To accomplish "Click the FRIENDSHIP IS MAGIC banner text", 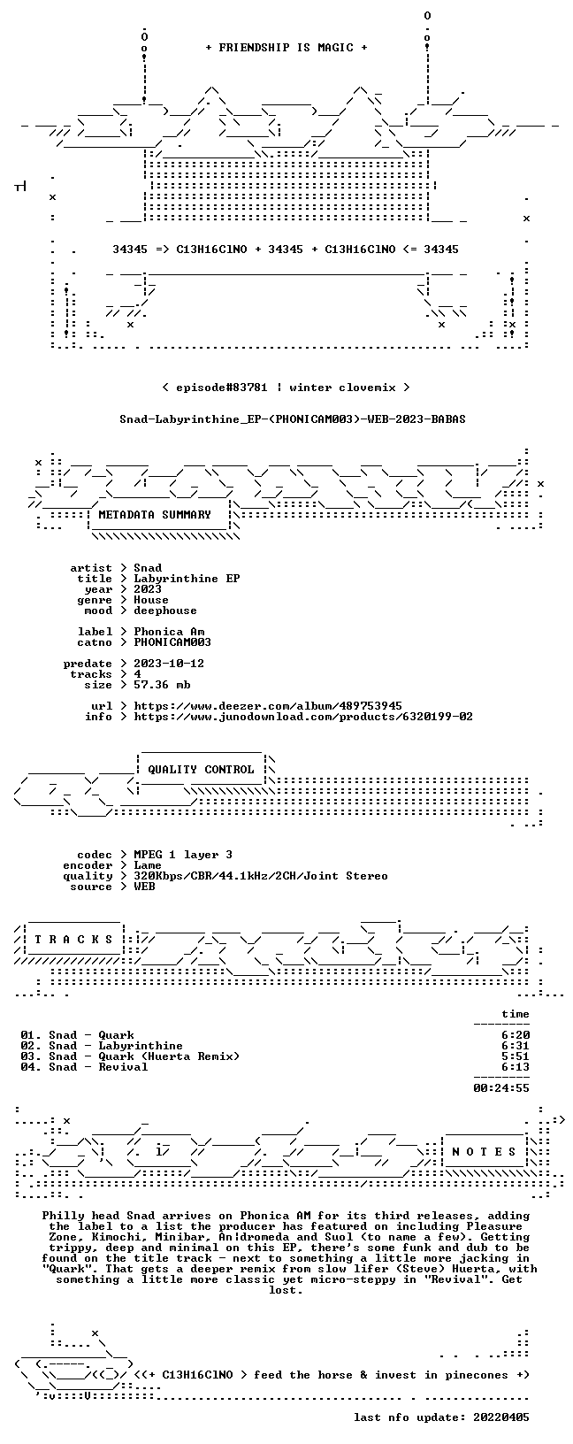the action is pyautogui.click(x=286, y=48).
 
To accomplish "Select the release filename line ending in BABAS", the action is pyautogui.click(x=293, y=419).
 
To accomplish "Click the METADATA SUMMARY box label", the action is pyautogui.click(x=155, y=515).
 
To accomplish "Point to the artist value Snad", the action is pyautogui.click(x=148, y=568).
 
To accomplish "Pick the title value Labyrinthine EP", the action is pyautogui.click(x=187, y=579).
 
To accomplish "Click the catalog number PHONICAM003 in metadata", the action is pyautogui.click(x=172, y=642).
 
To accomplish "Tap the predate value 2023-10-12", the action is pyautogui.click(x=169, y=664).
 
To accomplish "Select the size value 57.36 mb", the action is pyautogui.click(x=162, y=685).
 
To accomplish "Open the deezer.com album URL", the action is pyautogui.click(x=268, y=707).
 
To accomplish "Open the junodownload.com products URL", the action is pyautogui.click(x=303, y=717).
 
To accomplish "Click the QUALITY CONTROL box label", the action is pyautogui.click(x=201, y=770).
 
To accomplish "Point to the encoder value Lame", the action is pyautogui.click(x=148, y=865).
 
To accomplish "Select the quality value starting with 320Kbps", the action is pyautogui.click(x=260, y=876).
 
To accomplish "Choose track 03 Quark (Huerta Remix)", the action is pyautogui.click(x=130, y=1056).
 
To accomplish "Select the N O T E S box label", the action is pyautogui.click(x=484, y=1152).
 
